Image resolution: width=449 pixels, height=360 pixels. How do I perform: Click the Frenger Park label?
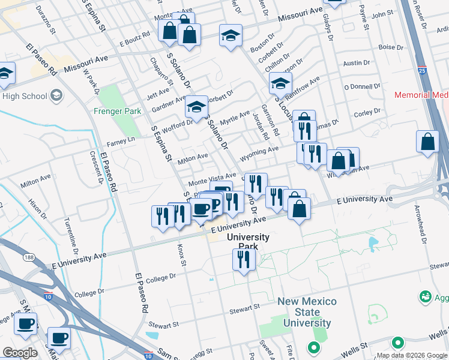point(117,111)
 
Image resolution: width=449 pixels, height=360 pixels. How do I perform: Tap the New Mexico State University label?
point(307,312)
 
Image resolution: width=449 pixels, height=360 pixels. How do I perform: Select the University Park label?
point(247,242)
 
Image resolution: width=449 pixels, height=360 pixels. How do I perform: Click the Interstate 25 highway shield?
point(422,71)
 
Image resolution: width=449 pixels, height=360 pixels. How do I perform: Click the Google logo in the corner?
point(20,352)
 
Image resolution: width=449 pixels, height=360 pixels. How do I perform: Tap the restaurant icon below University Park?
point(243,260)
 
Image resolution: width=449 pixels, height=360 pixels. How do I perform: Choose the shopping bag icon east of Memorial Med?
point(427,142)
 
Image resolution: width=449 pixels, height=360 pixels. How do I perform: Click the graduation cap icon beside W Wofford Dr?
point(196,106)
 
